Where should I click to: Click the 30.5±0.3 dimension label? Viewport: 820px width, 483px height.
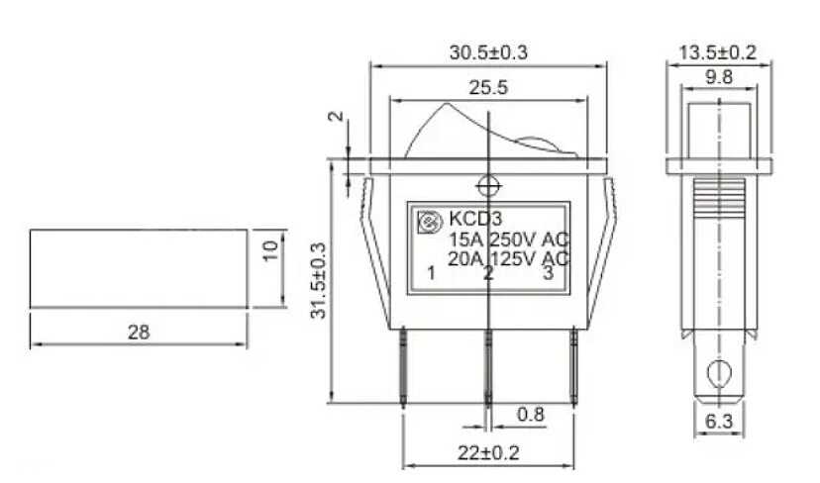(488, 52)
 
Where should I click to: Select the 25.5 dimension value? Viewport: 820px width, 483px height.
(488, 87)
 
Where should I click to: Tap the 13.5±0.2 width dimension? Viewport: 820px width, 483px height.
(717, 52)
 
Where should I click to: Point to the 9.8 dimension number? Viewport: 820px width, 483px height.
(719, 77)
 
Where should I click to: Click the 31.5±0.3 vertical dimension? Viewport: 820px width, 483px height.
(319, 281)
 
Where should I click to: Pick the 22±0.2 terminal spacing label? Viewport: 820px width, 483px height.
(488, 452)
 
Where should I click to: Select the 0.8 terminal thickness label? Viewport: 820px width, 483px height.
(530, 415)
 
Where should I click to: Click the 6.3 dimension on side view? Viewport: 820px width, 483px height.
(719, 421)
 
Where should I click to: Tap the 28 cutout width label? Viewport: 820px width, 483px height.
(139, 332)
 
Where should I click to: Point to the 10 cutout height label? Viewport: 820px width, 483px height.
(269, 251)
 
